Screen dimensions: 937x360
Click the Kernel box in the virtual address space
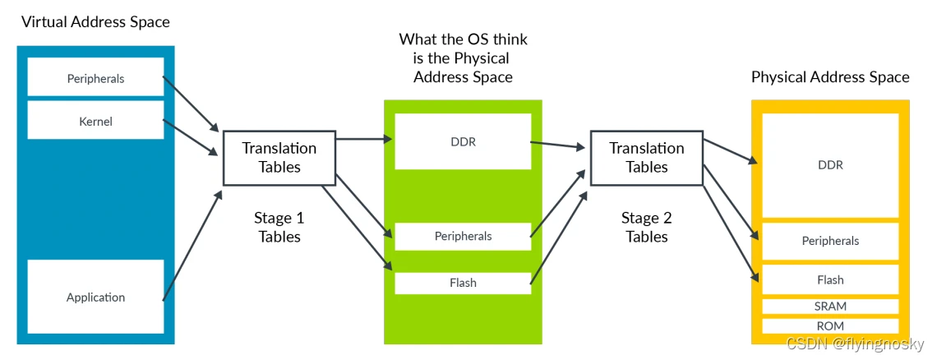(x=95, y=120)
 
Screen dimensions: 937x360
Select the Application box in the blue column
(x=95, y=297)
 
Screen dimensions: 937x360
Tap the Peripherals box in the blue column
(x=95, y=77)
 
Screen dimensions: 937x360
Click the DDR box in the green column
(x=463, y=141)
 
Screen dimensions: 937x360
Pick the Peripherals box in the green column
(x=463, y=236)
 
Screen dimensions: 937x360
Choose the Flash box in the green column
(x=463, y=283)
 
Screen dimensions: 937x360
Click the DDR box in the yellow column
(x=831, y=166)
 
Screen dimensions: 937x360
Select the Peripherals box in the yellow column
(x=831, y=241)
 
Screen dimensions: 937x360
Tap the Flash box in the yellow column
(x=831, y=280)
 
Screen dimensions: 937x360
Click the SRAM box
(x=831, y=307)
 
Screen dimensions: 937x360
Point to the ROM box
(x=831, y=326)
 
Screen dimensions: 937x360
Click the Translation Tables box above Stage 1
(x=279, y=157)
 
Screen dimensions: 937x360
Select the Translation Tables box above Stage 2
(x=647, y=157)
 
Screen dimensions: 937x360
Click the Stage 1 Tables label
(x=279, y=227)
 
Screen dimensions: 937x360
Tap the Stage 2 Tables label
(x=647, y=227)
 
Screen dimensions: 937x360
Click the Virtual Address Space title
(x=95, y=23)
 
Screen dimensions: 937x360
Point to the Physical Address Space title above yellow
(x=831, y=77)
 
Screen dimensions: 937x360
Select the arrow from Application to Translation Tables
(x=192, y=246)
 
